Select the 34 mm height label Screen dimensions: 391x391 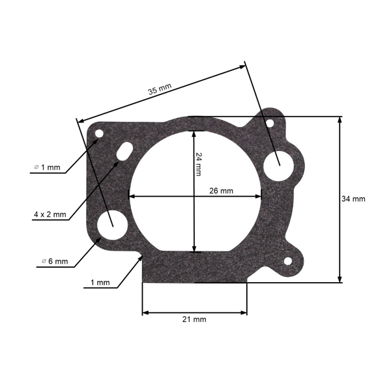click(354, 199)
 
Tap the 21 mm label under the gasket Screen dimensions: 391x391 click(194, 319)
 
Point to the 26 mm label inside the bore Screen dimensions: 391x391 click(221, 191)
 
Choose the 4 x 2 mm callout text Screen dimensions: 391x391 click(50, 214)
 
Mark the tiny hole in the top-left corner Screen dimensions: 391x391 click(99, 134)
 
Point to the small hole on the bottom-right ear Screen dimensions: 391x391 click(287, 261)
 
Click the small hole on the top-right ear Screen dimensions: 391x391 click(268, 121)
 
